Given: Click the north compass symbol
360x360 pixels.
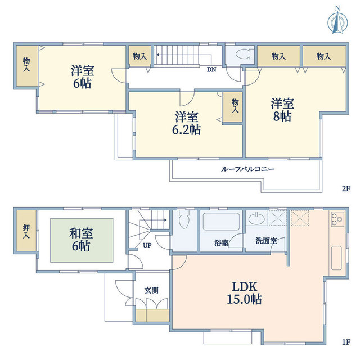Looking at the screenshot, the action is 337,21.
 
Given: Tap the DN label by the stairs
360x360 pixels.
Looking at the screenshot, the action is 211,69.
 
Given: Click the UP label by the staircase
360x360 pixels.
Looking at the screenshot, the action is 147,245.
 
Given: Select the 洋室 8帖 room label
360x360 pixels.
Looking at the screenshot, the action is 282,110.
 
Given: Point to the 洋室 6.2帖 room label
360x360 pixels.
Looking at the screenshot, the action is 186,123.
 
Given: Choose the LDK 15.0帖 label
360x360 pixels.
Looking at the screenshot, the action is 244,292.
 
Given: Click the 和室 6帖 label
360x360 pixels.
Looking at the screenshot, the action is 81,240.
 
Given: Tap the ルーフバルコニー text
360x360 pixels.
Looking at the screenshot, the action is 247,169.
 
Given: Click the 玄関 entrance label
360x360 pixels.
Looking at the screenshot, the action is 151,290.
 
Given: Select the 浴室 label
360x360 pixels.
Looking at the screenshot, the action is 221,243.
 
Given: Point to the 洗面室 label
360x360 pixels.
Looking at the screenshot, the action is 266,241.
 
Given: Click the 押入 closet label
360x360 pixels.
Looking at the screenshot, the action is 26,231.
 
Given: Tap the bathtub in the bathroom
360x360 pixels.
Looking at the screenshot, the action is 221,222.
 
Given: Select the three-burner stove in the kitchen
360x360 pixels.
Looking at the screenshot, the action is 337,219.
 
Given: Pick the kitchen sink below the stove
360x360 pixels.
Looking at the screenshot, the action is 336,258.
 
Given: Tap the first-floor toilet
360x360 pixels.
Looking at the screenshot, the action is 184,219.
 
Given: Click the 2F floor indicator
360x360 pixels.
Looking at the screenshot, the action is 346,188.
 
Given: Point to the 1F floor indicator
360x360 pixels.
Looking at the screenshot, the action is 346,343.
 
